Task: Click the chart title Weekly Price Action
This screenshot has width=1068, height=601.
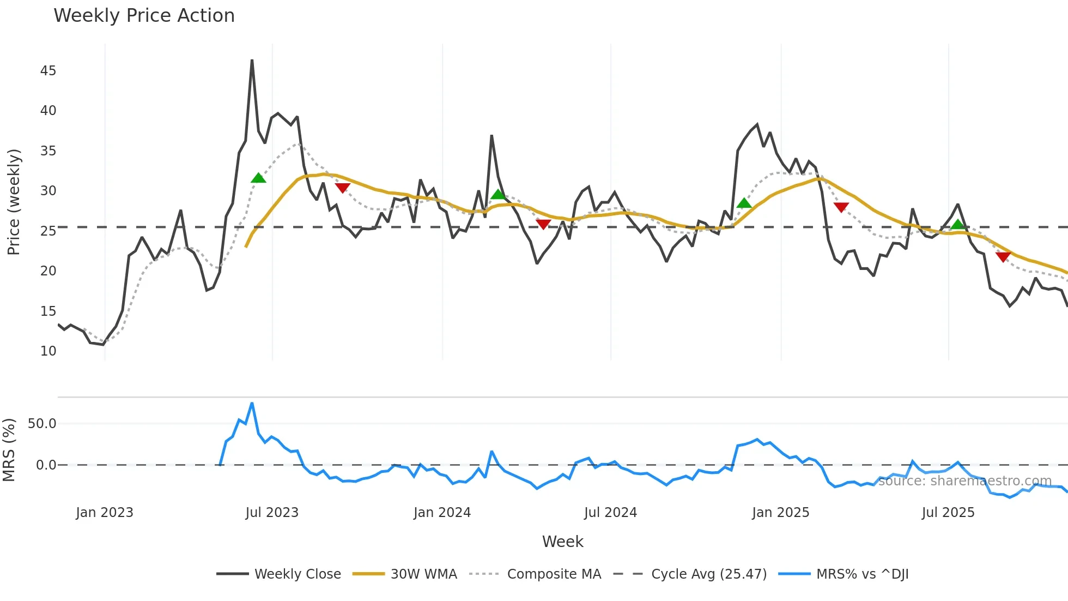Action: coord(144,16)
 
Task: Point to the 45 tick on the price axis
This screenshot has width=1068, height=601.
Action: coord(48,71)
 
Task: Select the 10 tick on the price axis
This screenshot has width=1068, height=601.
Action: coord(48,351)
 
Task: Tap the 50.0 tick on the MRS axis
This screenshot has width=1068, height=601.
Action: coord(42,424)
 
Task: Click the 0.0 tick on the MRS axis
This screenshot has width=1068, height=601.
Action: coord(46,465)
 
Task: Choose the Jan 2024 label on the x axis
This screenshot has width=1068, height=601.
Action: coord(442,513)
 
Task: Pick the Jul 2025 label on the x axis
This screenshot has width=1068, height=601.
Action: coord(948,513)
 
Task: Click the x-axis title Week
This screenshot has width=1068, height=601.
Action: coord(562,542)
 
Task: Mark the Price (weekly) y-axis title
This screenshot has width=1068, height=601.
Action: coord(14,202)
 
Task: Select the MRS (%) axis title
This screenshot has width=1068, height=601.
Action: coord(9,450)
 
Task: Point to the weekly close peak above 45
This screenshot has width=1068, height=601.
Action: coord(252,61)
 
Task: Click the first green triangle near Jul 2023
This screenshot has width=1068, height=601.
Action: coord(258,178)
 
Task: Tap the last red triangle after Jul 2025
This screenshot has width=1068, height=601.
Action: coord(1003,257)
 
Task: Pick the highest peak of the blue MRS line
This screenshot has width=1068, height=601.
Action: coord(252,404)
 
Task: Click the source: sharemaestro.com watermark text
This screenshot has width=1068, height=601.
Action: coord(964,481)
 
